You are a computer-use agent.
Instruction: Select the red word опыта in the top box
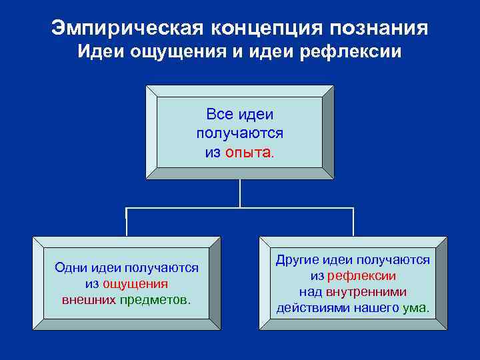[x=248, y=152]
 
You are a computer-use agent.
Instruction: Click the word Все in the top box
[x=220, y=115]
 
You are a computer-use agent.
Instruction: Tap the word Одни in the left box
[x=69, y=268]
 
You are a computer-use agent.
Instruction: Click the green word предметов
[x=155, y=299]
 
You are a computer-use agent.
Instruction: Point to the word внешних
[x=89, y=299]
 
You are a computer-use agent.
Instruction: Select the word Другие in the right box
[x=296, y=260]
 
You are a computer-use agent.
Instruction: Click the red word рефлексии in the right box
[x=361, y=275]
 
